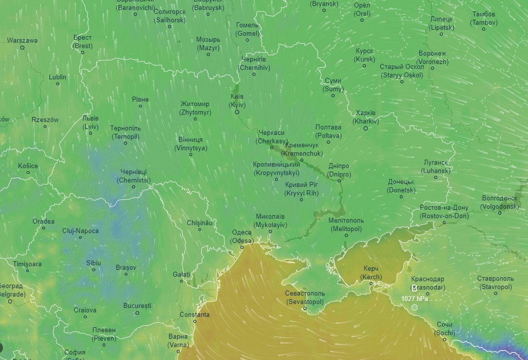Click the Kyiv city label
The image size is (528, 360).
[x=237, y=101]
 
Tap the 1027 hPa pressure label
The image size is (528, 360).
[x=414, y=299]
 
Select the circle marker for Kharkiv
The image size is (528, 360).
[x=365, y=128]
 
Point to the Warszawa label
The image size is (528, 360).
[x=22, y=41]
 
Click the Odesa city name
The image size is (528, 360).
[x=242, y=237]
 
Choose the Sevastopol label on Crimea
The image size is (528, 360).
[x=304, y=298]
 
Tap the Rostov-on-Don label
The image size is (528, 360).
[x=444, y=212]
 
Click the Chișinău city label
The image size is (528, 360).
[x=200, y=223]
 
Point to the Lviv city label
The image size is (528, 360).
[x=90, y=122]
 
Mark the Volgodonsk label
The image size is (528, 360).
[x=499, y=202]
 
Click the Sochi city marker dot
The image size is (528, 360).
[x=445, y=339]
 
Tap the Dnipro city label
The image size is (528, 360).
[x=339, y=170]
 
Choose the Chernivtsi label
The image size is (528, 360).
[x=134, y=176]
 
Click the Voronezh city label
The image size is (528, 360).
[x=432, y=58]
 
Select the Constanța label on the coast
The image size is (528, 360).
[x=194, y=315]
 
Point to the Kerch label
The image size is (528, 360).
[x=371, y=272]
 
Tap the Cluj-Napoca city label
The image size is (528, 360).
[x=80, y=231]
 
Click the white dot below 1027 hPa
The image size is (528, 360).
[x=414, y=307]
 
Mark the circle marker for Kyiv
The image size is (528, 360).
[x=237, y=112]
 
